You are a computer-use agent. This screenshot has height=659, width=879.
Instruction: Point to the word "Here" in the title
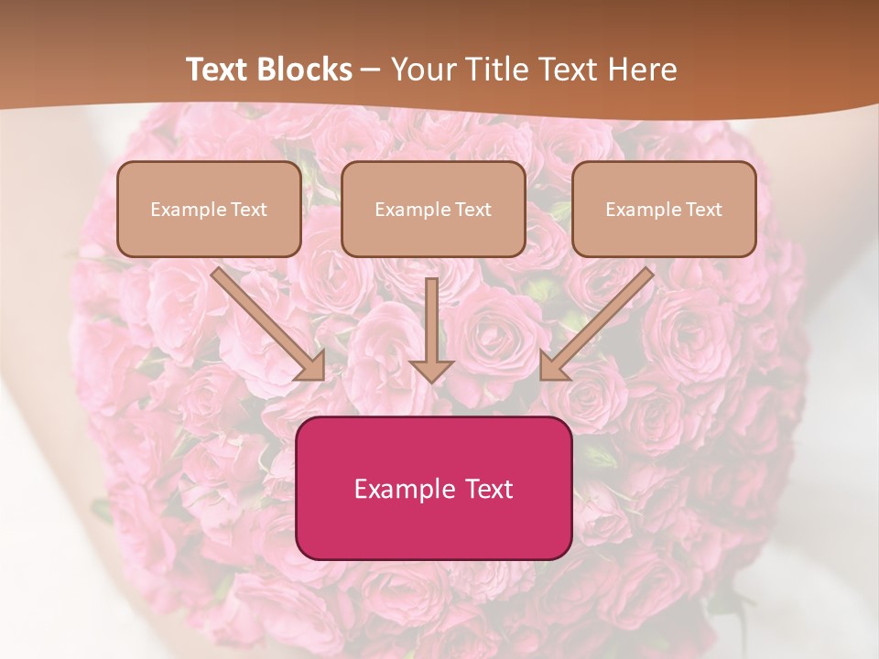click(645, 70)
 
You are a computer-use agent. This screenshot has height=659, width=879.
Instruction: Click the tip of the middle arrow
click(431, 380)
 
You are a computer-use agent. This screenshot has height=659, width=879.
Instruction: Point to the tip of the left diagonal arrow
click(323, 377)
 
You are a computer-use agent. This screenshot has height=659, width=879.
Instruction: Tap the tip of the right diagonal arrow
click(542, 377)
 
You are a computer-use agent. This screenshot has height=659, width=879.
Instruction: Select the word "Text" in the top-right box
click(703, 210)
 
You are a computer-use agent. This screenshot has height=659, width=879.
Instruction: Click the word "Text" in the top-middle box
click(472, 210)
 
